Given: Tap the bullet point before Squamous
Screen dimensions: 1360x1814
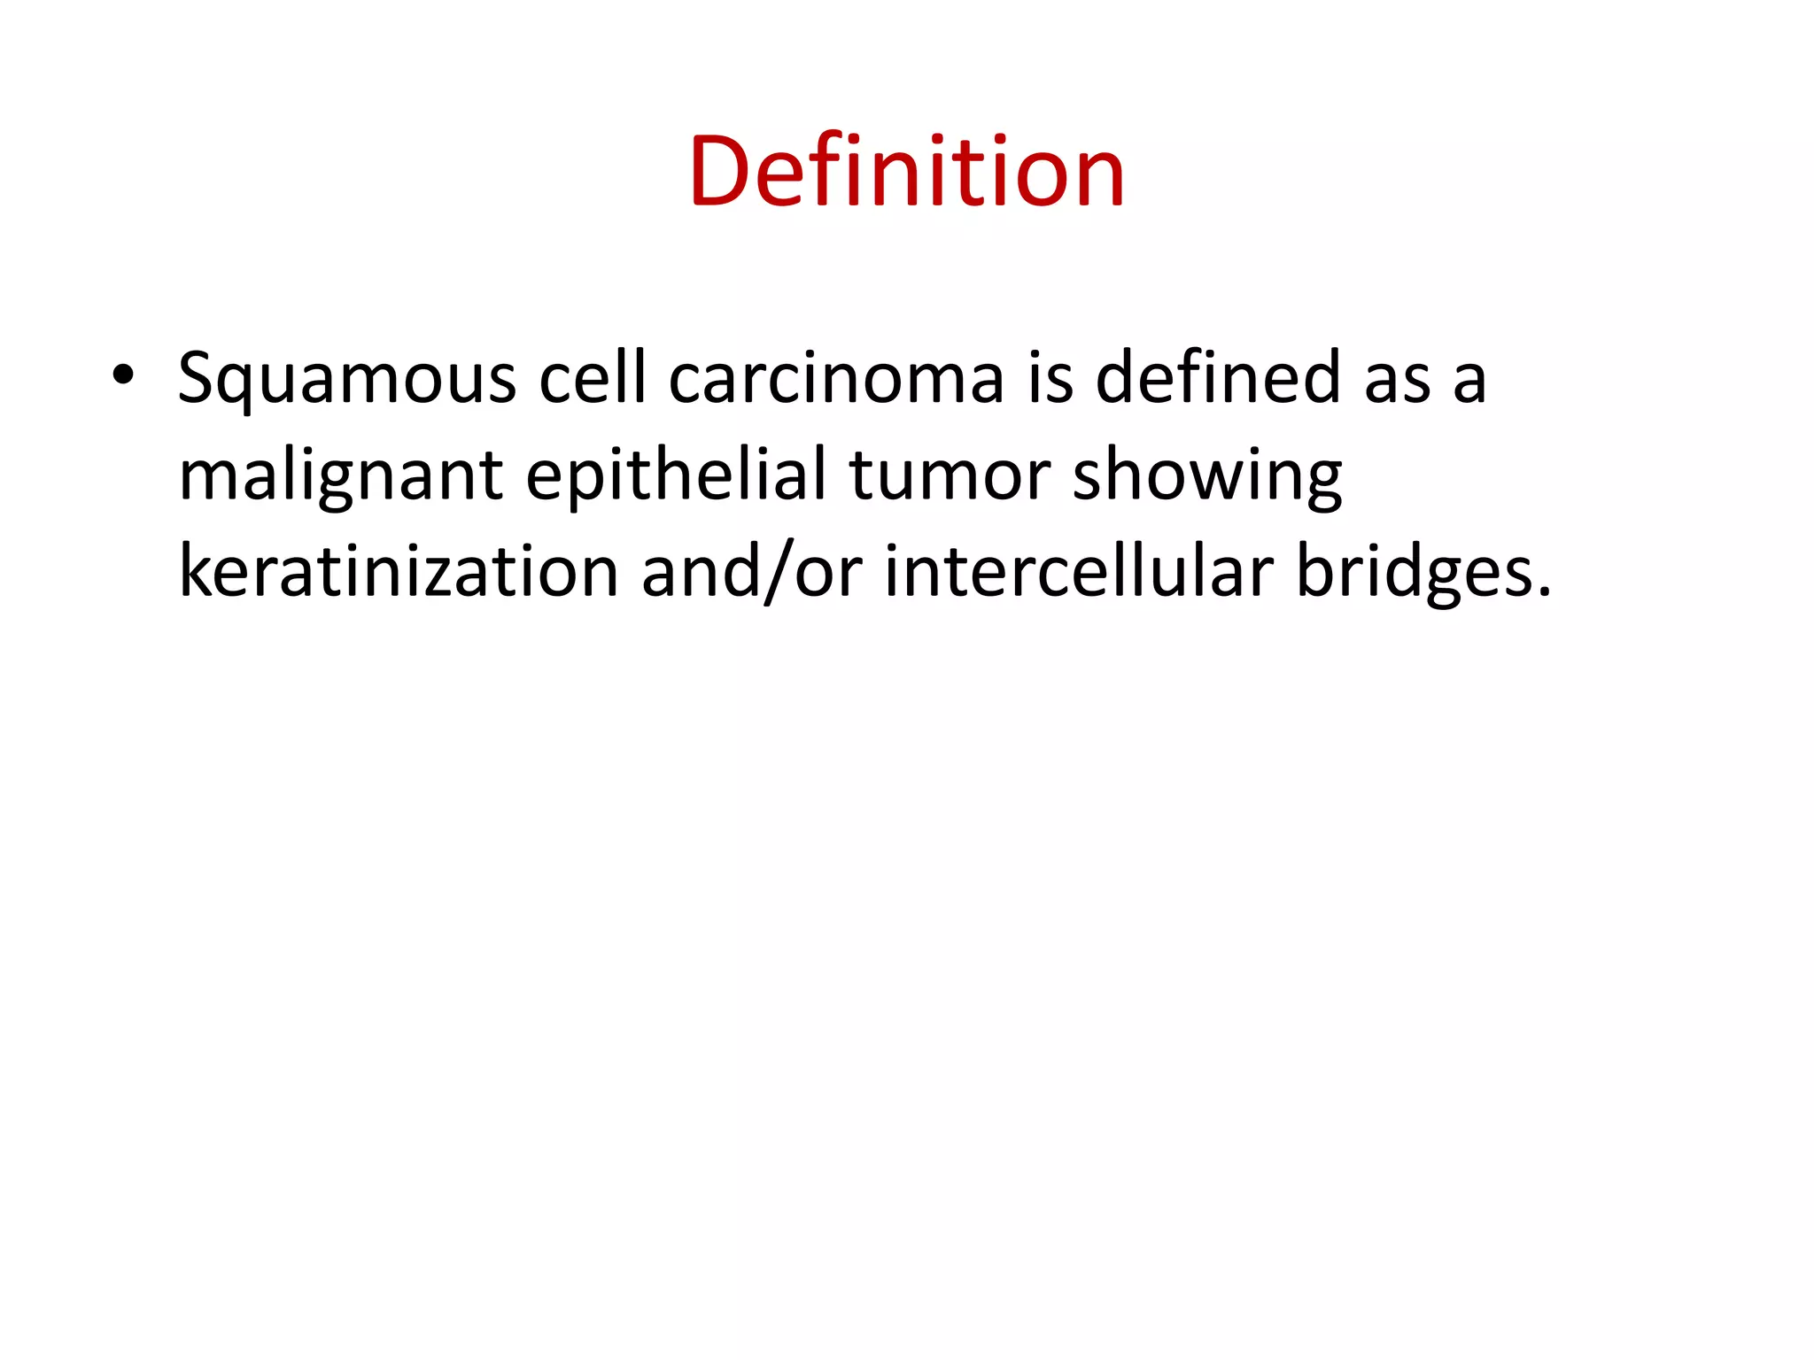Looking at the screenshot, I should pos(123,376).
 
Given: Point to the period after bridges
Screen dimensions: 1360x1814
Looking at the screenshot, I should pos(1545,592).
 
